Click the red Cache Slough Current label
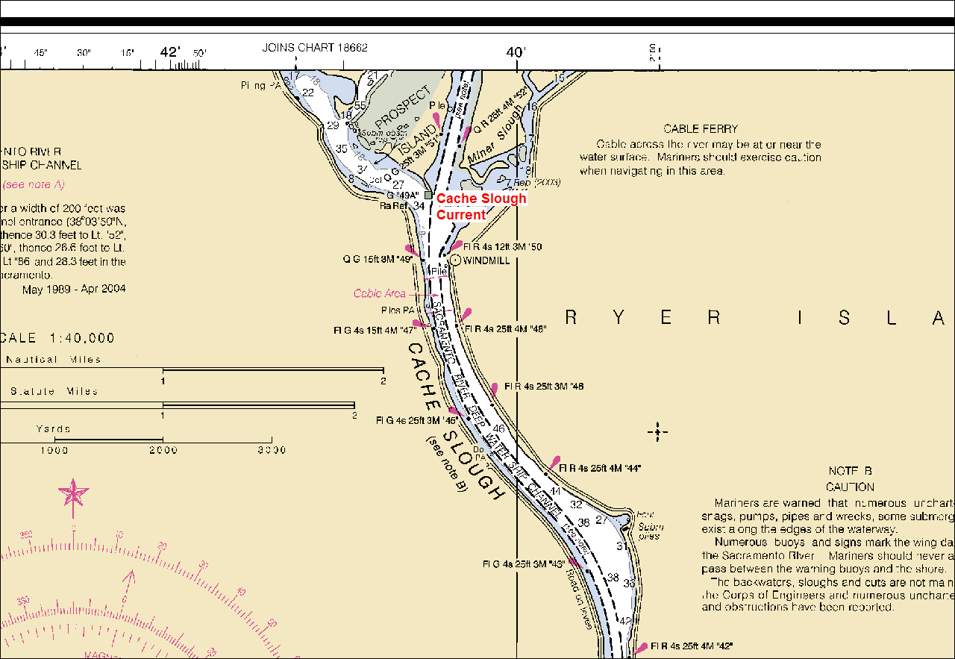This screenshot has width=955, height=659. tap(481, 207)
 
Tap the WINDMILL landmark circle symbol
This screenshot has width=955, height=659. tap(455, 260)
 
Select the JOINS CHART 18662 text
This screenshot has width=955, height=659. tap(315, 48)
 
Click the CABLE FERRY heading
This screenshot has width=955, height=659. tap(701, 129)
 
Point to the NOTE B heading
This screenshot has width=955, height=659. tap(850, 471)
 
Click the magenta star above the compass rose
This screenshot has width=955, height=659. tap(74, 493)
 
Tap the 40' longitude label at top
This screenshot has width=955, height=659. tap(516, 52)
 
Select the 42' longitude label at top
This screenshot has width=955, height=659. tap(170, 52)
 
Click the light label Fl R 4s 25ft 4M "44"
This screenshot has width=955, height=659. tap(599, 468)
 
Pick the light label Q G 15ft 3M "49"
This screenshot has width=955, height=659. tap(378, 260)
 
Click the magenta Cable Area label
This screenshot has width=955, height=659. tap(379, 294)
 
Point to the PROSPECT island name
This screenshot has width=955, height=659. tap(403, 109)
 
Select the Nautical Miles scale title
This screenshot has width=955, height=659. tap(53, 360)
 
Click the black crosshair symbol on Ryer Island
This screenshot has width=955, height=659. tap(657, 431)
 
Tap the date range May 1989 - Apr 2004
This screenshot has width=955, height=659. tap(74, 289)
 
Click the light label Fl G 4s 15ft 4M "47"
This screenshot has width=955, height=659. tap(375, 329)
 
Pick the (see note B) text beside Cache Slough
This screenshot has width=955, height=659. tap(446, 463)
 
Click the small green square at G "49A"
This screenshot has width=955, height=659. tap(428, 195)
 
